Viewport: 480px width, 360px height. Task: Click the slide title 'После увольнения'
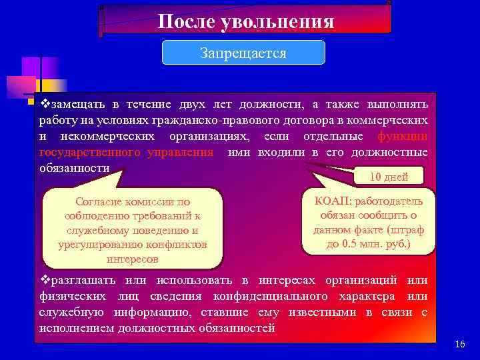coord(246,21)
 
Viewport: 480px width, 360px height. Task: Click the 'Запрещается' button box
coord(243,53)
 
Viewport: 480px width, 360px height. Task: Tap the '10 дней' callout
coord(389,177)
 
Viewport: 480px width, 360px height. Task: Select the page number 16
coord(459,344)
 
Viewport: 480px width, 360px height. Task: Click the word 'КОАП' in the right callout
coord(327,201)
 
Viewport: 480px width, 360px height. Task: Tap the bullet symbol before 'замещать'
coord(44,105)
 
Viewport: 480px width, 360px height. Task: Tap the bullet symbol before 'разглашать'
coord(44,281)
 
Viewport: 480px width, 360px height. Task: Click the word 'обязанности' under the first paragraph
coord(74,168)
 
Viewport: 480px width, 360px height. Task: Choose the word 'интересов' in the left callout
coord(132,259)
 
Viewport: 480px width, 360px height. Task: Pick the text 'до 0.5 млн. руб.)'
coord(369,244)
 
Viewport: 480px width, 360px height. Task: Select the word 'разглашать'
coord(79,281)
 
